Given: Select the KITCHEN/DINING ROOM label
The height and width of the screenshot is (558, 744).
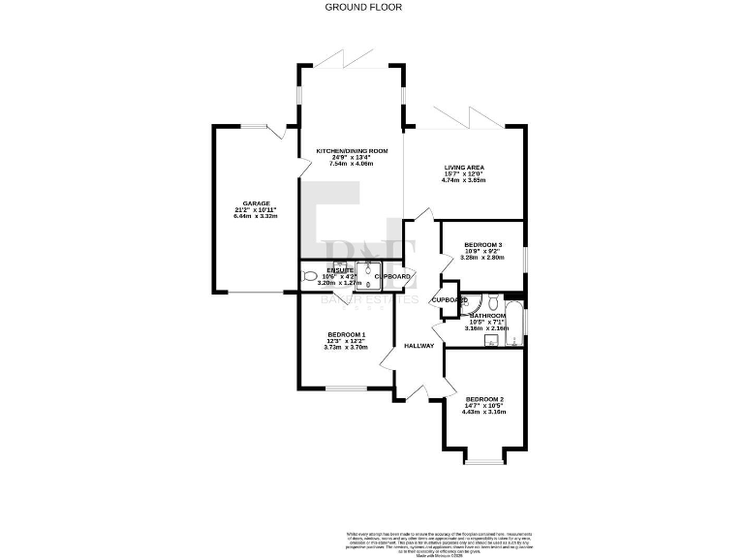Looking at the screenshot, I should pos(351,150).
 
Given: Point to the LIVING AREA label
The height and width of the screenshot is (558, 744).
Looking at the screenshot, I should pos(464,167).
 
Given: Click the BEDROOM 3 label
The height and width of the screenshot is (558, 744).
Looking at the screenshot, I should pos(483,244).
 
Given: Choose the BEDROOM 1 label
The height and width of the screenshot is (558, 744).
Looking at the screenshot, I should pos(345,334).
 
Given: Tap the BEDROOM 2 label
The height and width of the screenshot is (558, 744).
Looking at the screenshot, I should pos(485,399).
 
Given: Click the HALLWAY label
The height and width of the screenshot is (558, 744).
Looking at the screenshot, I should pos(419,346).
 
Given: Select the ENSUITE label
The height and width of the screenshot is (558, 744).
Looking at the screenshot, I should pos(339,270).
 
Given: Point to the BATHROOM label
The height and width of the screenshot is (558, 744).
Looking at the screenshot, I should pos(487,316).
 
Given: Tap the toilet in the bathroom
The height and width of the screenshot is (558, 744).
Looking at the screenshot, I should pos(493,299).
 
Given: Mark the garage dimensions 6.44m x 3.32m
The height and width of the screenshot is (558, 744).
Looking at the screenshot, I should pos(256,216).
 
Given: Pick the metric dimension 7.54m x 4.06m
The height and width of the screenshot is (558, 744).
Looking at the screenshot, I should pos(351,164).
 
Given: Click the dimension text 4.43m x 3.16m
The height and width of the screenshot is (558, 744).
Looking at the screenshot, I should pos(485,413).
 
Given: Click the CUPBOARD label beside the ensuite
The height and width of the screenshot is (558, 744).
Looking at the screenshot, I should pos(393,277).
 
